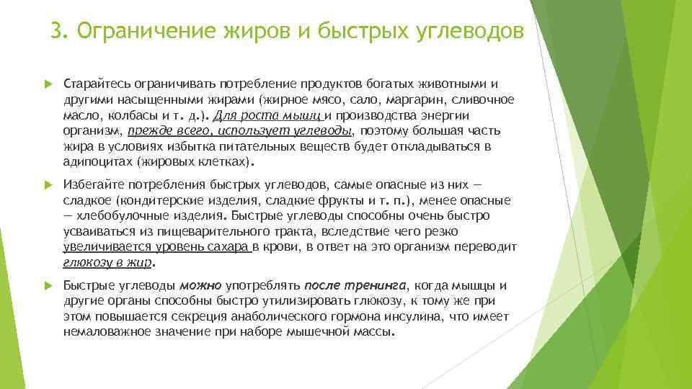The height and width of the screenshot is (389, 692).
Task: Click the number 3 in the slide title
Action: click(57, 32)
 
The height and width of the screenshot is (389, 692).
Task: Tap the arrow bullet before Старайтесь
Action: click(48, 84)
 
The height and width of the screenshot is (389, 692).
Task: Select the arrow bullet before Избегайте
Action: click(48, 184)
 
